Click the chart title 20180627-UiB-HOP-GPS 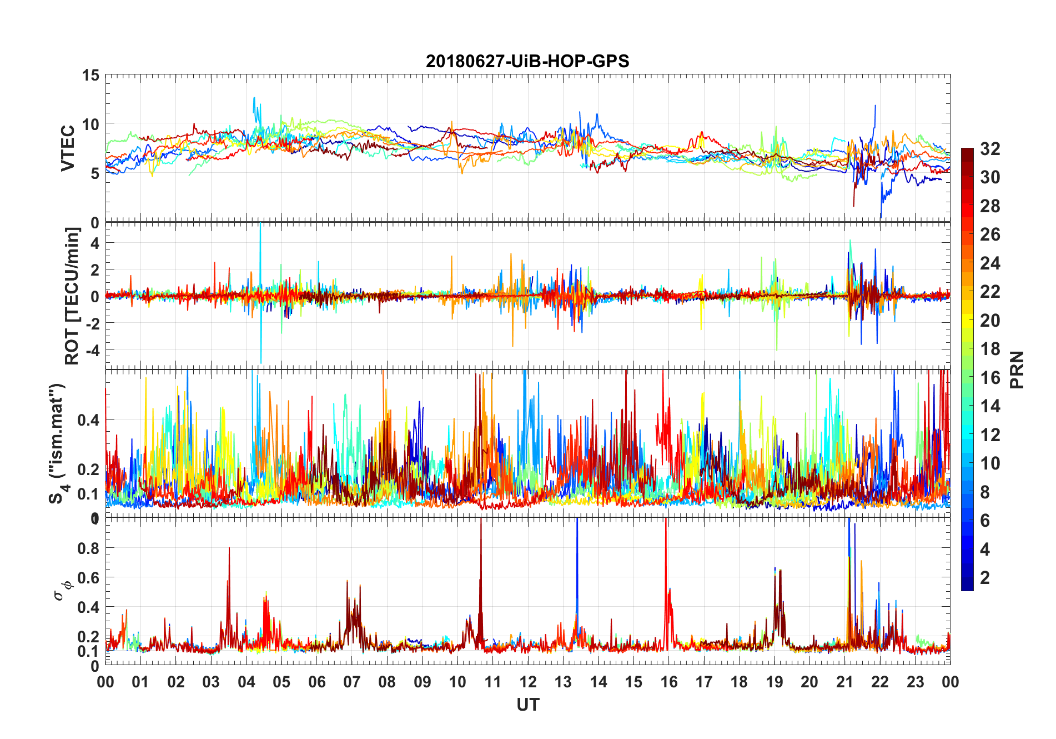click(x=527, y=61)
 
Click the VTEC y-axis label click(x=68, y=148)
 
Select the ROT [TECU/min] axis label click(x=72, y=296)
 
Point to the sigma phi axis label click(x=60, y=590)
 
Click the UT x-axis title click(x=527, y=705)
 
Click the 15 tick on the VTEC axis click(x=90, y=75)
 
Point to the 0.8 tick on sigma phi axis click(x=89, y=548)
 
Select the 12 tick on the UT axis click(x=528, y=682)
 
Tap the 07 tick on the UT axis click(x=352, y=682)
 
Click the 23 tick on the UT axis click(x=915, y=682)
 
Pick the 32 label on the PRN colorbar click(x=990, y=148)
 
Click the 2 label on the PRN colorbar click(x=985, y=577)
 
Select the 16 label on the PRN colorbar click(x=990, y=377)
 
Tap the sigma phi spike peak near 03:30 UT click(x=229, y=548)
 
